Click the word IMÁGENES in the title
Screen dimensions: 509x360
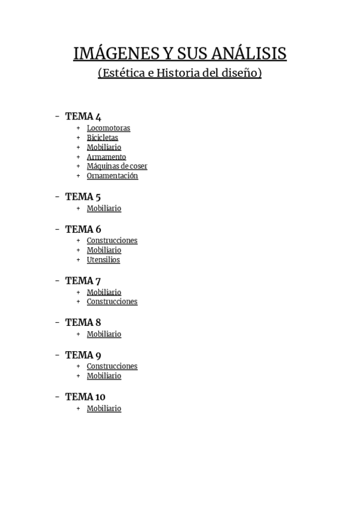(113, 54)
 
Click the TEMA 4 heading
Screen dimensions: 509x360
(83, 116)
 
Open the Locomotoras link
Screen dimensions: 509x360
(108, 128)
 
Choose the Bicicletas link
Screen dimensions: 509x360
(102, 137)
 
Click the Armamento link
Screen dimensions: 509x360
(106, 157)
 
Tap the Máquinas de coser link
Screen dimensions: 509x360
(117, 166)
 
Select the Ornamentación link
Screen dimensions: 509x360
(112, 176)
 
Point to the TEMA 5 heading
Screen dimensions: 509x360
(83, 197)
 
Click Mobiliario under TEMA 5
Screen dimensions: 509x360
(104, 208)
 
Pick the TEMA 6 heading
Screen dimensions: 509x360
(83, 229)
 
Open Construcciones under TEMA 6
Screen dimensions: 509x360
(112, 241)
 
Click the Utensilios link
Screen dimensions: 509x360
(103, 260)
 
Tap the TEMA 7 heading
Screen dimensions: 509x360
(83, 281)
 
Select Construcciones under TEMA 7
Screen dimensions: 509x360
(112, 302)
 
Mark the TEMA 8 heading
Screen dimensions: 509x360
(83, 322)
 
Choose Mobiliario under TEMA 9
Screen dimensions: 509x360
(104, 376)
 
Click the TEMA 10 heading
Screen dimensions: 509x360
(85, 397)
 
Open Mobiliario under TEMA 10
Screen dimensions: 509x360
(104, 409)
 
